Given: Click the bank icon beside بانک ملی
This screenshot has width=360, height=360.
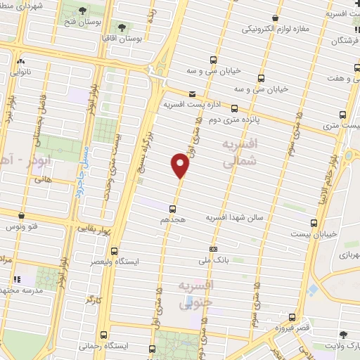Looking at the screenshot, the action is point(213,249).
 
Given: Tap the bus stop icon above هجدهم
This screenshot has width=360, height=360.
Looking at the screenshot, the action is point(172,208).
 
